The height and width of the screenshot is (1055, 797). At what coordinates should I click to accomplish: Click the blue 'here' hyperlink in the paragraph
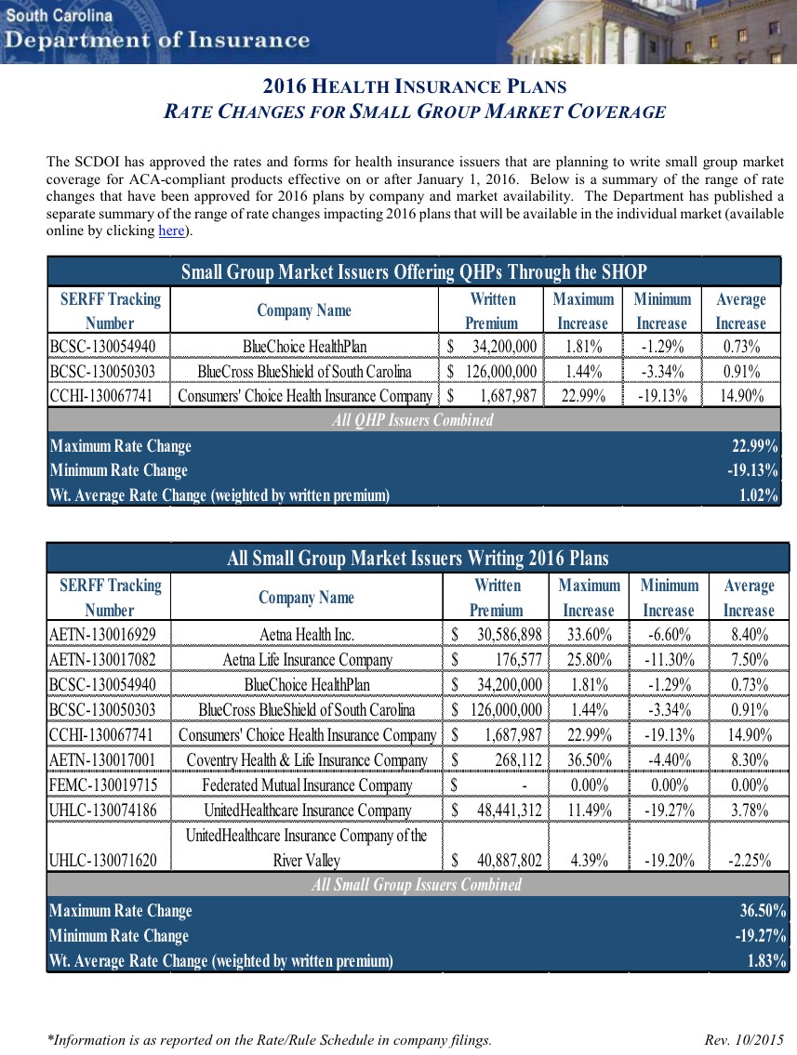pos(171,231)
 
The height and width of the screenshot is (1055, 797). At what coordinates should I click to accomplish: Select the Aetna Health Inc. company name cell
pos(305,635)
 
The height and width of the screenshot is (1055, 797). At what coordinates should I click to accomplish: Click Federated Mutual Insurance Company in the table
pos(306,785)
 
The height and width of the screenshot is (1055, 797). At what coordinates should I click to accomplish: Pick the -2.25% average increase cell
pos(749,860)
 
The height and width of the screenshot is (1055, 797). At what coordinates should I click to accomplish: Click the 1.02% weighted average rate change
pos(758,495)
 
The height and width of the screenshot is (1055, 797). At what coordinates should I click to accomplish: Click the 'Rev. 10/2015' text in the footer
pos(744,1039)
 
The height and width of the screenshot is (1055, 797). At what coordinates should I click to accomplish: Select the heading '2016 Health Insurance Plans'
pos(414,87)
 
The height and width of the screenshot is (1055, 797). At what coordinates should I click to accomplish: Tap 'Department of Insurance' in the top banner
pos(156,40)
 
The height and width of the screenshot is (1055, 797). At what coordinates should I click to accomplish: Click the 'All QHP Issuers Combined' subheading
pos(413,420)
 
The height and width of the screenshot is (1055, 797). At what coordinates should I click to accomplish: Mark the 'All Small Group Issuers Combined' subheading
pos(417,885)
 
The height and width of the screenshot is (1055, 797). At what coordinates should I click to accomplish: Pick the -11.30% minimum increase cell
pos(669,660)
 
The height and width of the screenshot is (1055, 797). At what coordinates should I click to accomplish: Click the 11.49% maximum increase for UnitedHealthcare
pos(588,811)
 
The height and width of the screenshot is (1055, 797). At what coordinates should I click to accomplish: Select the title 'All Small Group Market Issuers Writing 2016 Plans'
pos(418,559)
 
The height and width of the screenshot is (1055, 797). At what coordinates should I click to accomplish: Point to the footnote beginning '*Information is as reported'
pos(269,1039)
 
